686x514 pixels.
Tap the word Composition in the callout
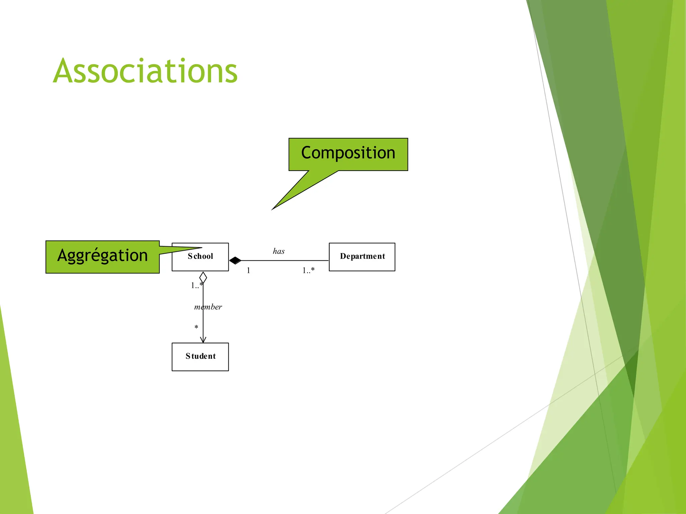click(x=348, y=153)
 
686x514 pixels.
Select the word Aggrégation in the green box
click(x=102, y=256)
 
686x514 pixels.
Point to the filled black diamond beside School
click(x=235, y=260)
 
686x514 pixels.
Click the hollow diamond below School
click(x=203, y=278)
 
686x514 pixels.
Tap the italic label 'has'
click(x=278, y=251)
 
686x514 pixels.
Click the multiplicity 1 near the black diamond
click(x=248, y=270)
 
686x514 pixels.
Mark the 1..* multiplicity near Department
click(x=308, y=270)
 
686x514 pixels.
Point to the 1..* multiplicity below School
click(x=196, y=285)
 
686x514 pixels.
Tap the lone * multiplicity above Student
click(x=196, y=327)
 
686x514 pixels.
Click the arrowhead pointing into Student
click(x=203, y=340)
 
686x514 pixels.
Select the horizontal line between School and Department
click(x=285, y=260)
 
